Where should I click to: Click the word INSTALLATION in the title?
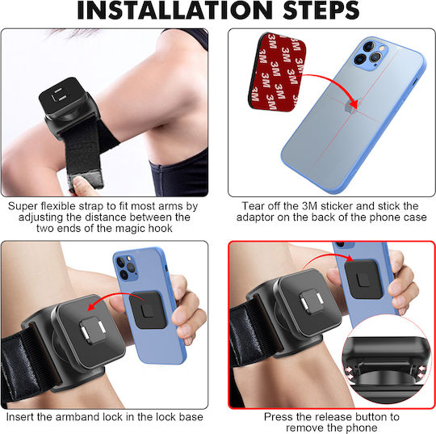point(175,11)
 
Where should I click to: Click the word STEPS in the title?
point(321,11)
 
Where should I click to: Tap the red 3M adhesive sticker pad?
point(277,72)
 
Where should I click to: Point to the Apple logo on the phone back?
point(350,107)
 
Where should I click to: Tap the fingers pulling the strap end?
point(82,186)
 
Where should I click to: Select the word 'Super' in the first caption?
point(23,206)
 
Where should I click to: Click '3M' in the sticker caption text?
point(309,206)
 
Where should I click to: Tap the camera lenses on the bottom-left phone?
point(126,268)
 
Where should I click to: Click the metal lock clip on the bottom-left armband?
point(92,330)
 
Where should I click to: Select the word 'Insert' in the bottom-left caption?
point(19,417)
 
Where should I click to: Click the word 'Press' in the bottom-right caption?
point(278,417)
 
